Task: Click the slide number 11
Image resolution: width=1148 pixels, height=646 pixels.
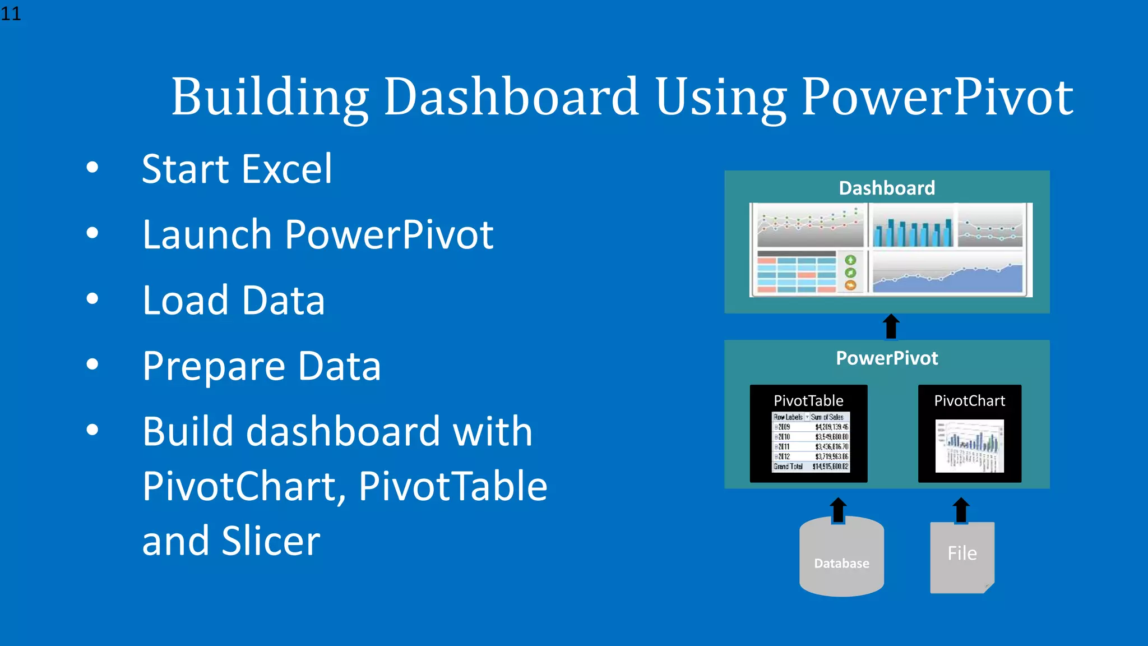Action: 11,13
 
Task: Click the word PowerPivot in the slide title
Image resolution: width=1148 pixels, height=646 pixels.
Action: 937,98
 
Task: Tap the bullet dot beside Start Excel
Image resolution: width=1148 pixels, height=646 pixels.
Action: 92,167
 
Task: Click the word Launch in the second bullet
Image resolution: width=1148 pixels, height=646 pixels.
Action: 207,234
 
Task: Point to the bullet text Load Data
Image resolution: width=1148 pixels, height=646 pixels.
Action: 233,301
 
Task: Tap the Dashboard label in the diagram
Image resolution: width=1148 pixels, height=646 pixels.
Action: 887,188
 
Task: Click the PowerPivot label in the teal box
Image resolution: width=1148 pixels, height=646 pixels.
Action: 887,358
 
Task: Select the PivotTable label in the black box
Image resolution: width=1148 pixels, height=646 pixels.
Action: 808,400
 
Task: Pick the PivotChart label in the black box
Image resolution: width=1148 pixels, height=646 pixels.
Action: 969,400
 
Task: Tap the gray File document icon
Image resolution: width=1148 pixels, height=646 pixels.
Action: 962,557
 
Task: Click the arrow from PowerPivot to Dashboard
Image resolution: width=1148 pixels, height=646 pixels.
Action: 891,326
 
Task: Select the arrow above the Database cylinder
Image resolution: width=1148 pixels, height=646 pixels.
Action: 838,510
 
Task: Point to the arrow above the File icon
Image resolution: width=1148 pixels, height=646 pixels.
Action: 961,510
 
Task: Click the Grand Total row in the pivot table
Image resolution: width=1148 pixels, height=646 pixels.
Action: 811,467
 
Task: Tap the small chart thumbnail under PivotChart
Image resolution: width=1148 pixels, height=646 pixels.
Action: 969,446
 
